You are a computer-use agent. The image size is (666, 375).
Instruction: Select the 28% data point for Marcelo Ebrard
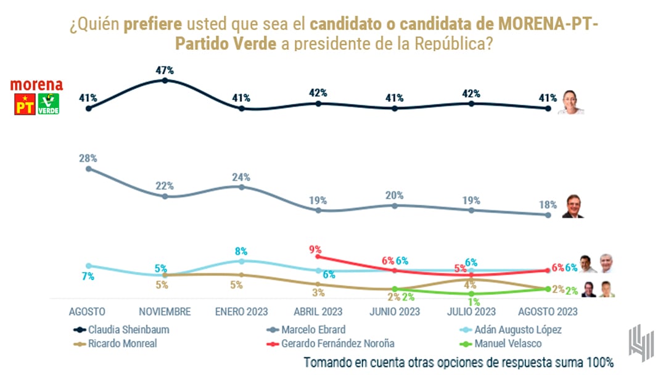click(88, 168)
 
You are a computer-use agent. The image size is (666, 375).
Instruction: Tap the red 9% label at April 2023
click(316, 250)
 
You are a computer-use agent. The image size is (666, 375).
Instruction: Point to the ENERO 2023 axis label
click(240, 311)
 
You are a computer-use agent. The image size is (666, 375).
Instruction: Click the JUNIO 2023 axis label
click(395, 311)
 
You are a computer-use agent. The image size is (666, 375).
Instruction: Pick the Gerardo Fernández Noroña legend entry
click(338, 344)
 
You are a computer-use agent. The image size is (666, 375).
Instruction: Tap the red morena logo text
click(37, 85)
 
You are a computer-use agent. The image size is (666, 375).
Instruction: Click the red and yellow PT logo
click(23, 104)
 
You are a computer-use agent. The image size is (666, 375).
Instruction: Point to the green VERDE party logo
click(49, 104)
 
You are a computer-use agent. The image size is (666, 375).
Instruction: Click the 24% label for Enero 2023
click(241, 177)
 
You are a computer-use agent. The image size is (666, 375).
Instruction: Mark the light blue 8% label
click(240, 251)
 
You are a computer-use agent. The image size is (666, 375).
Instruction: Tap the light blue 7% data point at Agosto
click(88, 266)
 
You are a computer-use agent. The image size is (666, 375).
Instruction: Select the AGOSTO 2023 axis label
click(548, 311)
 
